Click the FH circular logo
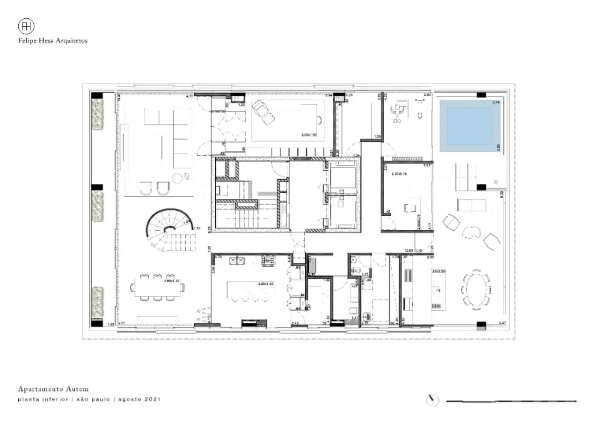pos(26,26)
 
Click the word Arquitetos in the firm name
pos(72,41)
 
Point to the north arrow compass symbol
pos(433,400)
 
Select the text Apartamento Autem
pos(53,389)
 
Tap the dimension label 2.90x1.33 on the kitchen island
pos(266,284)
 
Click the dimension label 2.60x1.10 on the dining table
pos(172,281)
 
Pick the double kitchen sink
pos(237,261)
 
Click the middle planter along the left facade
pos(97,206)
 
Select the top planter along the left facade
pos(97,114)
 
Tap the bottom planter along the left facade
pos(97,302)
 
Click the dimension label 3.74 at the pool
pos(496,102)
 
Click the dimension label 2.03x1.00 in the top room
pos(309,135)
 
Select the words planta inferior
pos(43,400)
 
